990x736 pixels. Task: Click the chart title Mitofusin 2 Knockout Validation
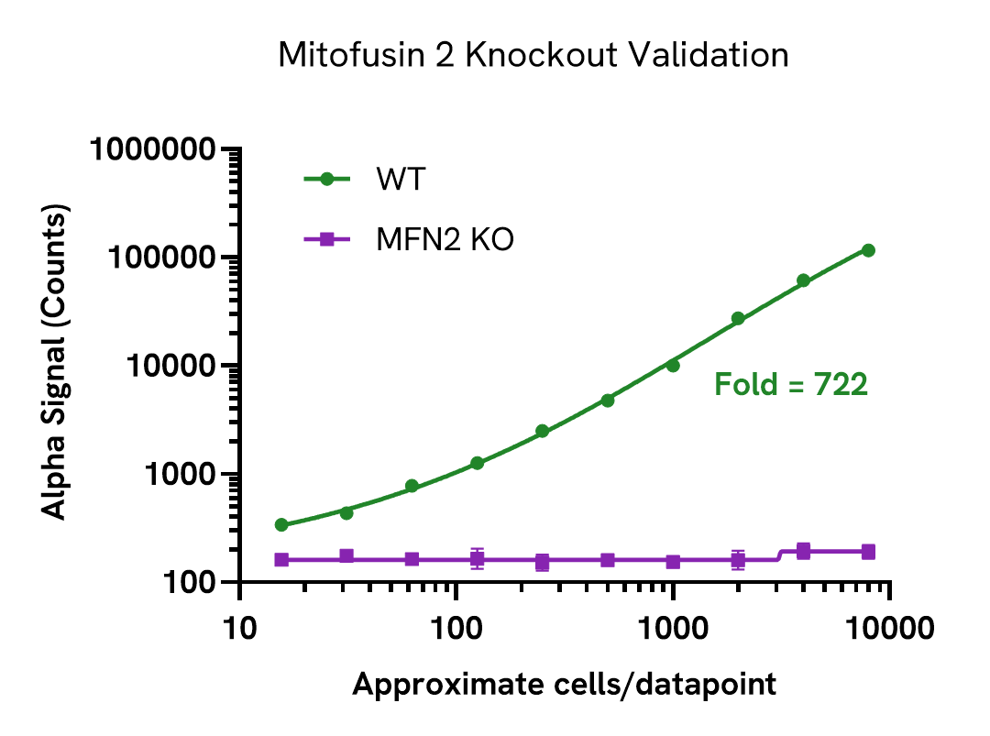click(x=533, y=55)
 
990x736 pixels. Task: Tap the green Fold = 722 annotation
click(x=790, y=385)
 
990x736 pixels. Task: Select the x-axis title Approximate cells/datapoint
click(x=565, y=684)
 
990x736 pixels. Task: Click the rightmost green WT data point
click(x=868, y=250)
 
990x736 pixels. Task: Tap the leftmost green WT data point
click(x=281, y=525)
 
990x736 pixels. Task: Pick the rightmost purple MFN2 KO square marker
click(x=868, y=552)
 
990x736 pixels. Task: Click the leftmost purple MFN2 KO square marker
click(x=281, y=560)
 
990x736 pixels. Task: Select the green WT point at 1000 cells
click(x=673, y=365)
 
